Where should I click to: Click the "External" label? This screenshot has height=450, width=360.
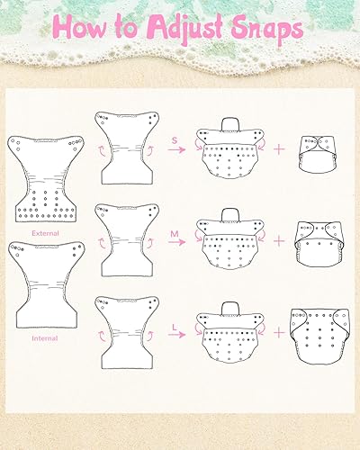click(x=45, y=231)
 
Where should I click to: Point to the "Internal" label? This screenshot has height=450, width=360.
click(x=45, y=337)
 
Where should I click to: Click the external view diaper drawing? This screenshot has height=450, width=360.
click(x=46, y=179)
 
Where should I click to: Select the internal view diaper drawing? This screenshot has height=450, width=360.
click(x=45, y=286)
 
